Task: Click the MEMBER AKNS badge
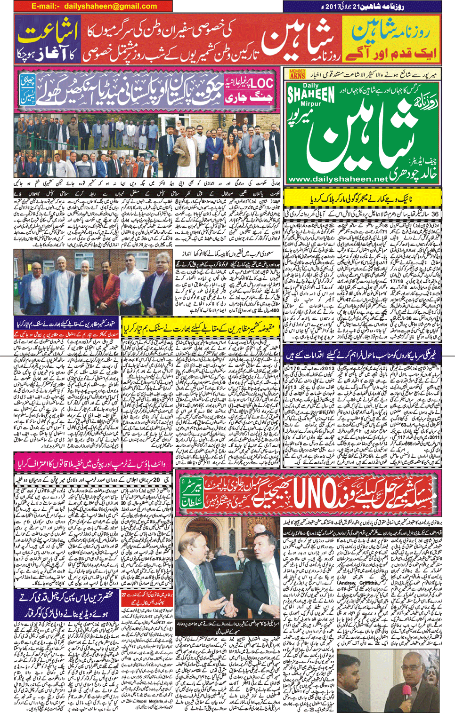pos(297,74)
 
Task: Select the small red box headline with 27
pos(146,598)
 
